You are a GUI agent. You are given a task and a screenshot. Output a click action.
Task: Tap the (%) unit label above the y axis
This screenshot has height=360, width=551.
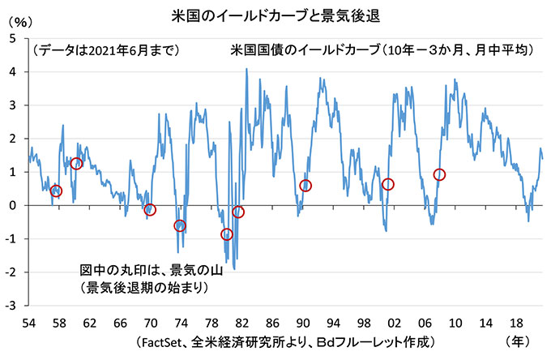pos(19,33)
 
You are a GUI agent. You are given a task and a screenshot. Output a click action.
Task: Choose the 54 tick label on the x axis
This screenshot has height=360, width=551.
pos(28,323)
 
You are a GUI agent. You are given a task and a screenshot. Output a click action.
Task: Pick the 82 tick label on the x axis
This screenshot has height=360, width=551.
pos(241,323)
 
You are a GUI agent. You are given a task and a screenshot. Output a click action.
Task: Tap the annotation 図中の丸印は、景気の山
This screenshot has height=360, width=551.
pos(151,269)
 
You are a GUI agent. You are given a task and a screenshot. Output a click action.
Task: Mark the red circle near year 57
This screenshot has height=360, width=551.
pos(56,191)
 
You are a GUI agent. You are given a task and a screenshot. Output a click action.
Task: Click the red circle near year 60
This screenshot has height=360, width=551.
pos(77,164)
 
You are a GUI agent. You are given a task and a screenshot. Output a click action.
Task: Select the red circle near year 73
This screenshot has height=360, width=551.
pos(180,225)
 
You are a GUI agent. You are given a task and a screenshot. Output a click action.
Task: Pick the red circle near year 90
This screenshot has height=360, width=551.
pos(305,186)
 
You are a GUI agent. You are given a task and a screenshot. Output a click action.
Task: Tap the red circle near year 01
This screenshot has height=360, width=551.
pos(388,185)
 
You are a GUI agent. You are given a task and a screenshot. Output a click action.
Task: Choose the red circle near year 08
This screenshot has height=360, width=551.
pos(440,174)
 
